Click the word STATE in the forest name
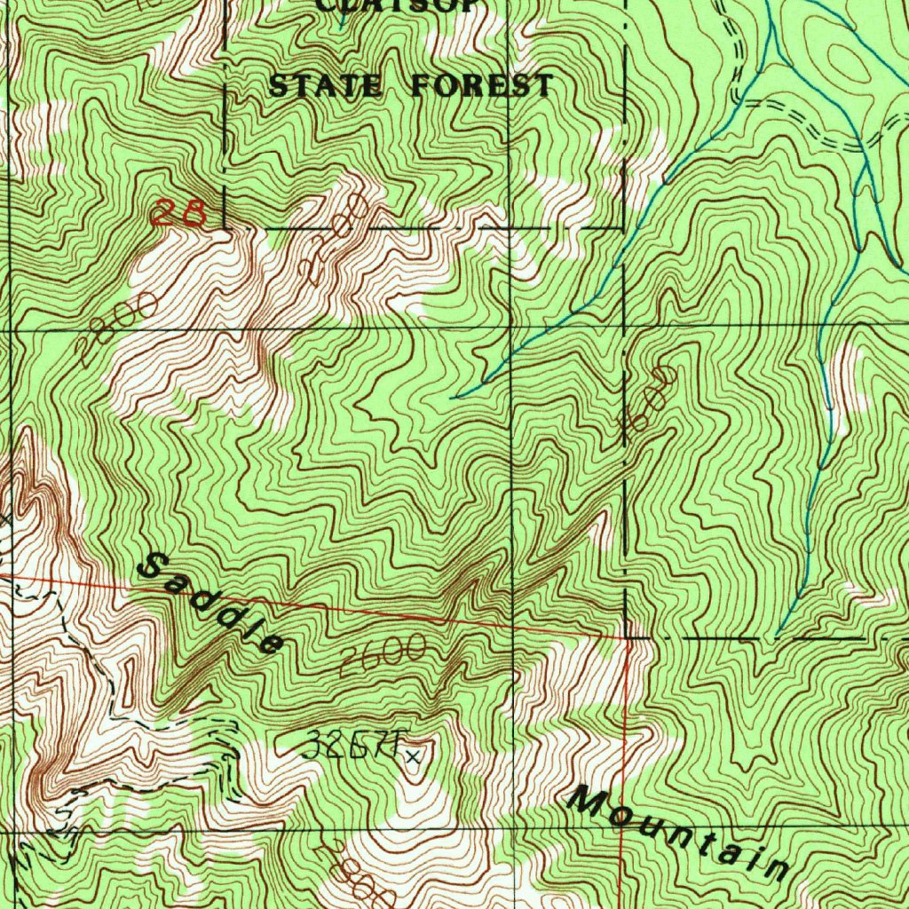326,86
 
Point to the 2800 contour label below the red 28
115,330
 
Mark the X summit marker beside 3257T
413,755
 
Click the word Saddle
214,604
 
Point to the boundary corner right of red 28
225,227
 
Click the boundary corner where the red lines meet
628,637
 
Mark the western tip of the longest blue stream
453,397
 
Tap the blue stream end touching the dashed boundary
778,636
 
